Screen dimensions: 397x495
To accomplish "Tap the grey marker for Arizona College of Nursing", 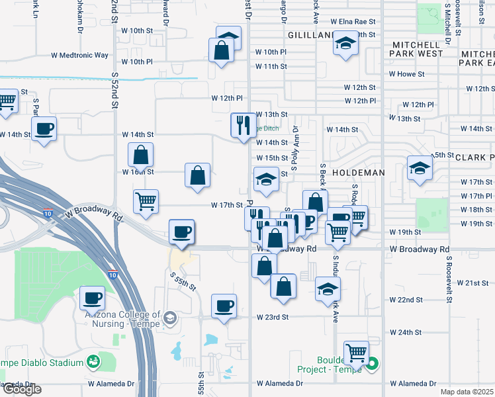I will (x=170, y=319).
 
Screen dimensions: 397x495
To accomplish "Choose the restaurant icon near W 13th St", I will (x=243, y=124).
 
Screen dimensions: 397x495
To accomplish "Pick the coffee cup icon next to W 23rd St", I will (x=224, y=306).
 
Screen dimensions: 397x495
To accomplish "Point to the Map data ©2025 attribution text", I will (x=467, y=392).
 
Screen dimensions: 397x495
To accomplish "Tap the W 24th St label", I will (x=406, y=332).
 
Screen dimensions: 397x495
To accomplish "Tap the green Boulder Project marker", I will (x=372, y=363).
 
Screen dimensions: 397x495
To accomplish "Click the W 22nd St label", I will (x=406, y=300).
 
